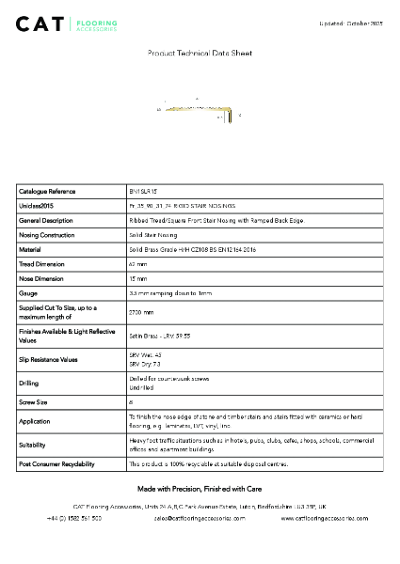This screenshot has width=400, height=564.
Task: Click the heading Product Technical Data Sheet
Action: click(200, 54)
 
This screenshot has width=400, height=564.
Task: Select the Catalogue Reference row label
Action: click(47, 191)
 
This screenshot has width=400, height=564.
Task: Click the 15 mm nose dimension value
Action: click(137, 279)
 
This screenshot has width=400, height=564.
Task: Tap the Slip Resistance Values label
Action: click(48, 359)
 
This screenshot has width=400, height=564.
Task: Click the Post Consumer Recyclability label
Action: click(56, 464)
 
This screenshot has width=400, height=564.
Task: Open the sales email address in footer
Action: click(200, 518)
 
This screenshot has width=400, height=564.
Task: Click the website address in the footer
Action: click(325, 518)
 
